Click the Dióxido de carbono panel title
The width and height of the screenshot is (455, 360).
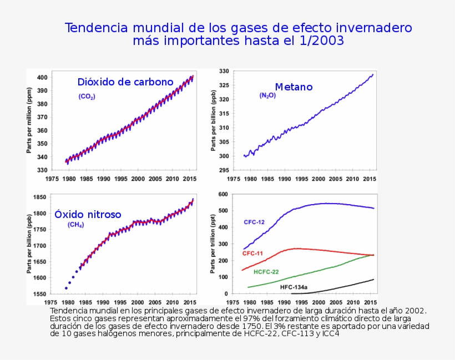pyautogui.click(x=125, y=82)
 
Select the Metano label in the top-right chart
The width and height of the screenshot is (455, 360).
pyautogui.click(x=294, y=87)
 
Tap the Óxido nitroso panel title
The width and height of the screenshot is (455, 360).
pyautogui.click(x=88, y=214)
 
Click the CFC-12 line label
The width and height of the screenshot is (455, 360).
pyautogui.click(x=254, y=222)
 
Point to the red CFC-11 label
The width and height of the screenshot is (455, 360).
pyautogui.click(x=252, y=253)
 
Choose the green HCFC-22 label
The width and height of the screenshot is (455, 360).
pyautogui.click(x=266, y=272)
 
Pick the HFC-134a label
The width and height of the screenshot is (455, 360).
pyautogui.click(x=294, y=287)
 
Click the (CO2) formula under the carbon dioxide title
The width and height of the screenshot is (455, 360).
pyautogui.click(x=87, y=97)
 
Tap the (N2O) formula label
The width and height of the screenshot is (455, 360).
pyautogui.click(x=267, y=95)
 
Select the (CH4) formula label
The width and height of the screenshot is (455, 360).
pyautogui.click(x=75, y=225)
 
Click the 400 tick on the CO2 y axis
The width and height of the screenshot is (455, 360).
pyautogui.click(x=42, y=77)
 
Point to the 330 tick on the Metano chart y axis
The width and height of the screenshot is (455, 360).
pyautogui.click(x=224, y=72)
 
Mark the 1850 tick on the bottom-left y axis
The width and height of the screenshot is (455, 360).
pyautogui.click(x=39, y=197)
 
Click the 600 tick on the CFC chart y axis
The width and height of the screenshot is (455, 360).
pyautogui.click(x=224, y=194)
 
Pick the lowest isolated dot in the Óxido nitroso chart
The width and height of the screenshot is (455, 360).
pyautogui.click(x=66, y=288)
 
